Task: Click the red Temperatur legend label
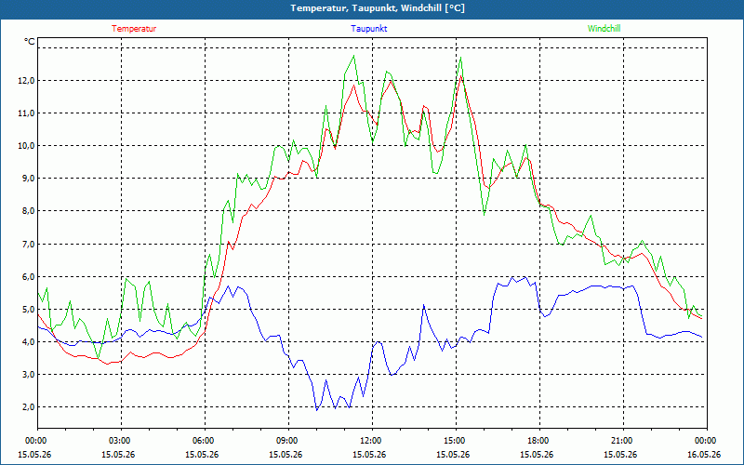pyautogui.click(x=134, y=29)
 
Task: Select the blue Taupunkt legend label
pyautogui.click(x=368, y=29)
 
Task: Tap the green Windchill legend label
pyautogui.click(x=604, y=29)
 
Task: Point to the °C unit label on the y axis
pyautogui.click(x=30, y=42)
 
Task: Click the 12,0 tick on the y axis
pyautogui.click(x=27, y=81)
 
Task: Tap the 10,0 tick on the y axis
pyautogui.click(x=27, y=146)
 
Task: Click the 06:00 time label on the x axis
pyautogui.click(x=205, y=441)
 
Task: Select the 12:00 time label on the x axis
pyautogui.click(x=371, y=441)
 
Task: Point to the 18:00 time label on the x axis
pyautogui.click(x=539, y=441)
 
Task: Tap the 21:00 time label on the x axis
pyautogui.click(x=622, y=441)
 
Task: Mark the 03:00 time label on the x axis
pyautogui.click(x=121, y=441)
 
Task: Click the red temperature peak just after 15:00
pyautogui.click(x=460, y=75)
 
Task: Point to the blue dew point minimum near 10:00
pyautogui.click(x=317, y=410)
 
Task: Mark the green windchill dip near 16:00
pyautogui.click(x=484, y=215)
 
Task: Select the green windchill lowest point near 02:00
pyautogui.click(x=99, y=357)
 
